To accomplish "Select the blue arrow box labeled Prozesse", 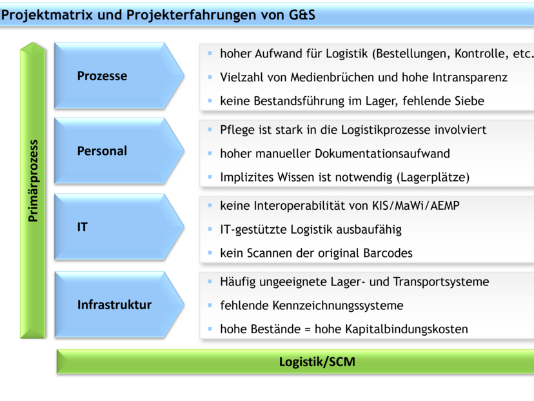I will [110, 76].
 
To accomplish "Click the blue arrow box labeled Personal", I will [110, 151].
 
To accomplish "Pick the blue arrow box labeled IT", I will [110, 227].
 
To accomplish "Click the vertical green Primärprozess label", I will [33, 181].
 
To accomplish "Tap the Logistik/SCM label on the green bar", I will [317, 362].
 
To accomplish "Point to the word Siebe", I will [468, 101].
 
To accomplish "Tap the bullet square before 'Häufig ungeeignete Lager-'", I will [210, 281].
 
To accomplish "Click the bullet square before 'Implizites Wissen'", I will [210, 176].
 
